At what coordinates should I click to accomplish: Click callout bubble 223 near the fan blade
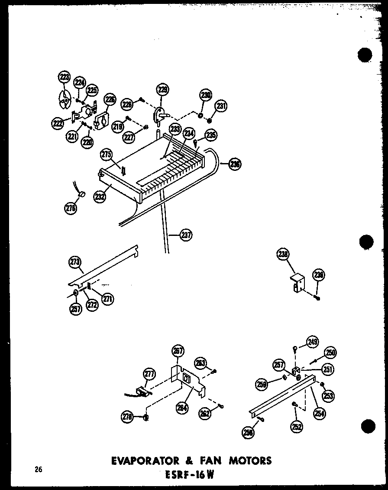pos(64,78)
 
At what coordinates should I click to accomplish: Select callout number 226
pos(110,100)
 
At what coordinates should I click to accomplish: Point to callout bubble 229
pos(162,90)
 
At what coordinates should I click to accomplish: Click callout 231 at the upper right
pos(222,106)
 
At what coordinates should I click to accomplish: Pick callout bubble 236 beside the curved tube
pos(235,164)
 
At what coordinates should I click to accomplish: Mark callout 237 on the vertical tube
pos(187,235)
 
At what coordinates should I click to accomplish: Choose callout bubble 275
pos(106,154)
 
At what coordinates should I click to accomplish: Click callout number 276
pos(71,209)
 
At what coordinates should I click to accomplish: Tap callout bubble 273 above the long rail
pos(74,262)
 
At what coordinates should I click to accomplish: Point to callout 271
pos(108,298)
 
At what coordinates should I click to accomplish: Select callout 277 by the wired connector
pos(149,374)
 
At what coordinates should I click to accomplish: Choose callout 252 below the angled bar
pos(297,426)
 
